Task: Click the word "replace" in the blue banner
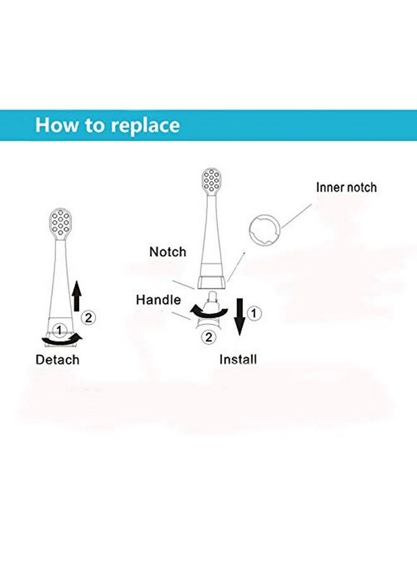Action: coord(145,126)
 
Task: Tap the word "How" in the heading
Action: coord(56,125)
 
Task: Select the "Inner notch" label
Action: coord(346,187)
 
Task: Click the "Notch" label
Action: coord(167,252)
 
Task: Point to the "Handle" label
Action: coord(159,300)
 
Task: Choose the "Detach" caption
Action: coord(57,359)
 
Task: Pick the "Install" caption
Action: coord(238,359)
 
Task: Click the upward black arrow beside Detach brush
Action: coord(76,296)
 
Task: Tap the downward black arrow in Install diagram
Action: coord(239,316)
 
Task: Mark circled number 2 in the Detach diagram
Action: coord(88,318)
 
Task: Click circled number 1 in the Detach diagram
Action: coord(59,330)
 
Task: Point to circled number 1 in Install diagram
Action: coord(254,313)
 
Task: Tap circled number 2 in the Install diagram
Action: coord(208,337)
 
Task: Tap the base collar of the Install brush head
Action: coord(212,282)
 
